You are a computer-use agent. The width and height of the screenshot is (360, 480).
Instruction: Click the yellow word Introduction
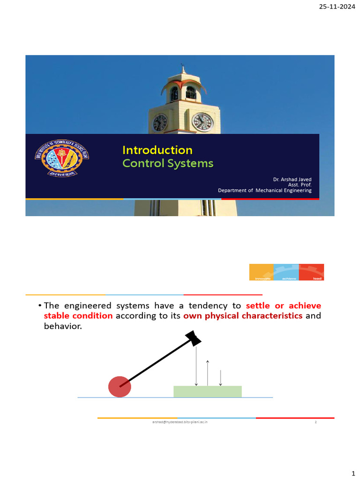click(157, 150)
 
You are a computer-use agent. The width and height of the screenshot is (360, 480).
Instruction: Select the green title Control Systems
click(168, 164)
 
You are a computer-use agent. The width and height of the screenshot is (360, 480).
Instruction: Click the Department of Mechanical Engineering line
click(264, 190)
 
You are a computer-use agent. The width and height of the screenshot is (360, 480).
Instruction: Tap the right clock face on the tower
click(202, 122)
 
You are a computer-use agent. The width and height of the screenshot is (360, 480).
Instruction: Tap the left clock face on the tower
click(160, 123)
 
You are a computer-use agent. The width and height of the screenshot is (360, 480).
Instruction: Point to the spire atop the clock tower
click(182, 68)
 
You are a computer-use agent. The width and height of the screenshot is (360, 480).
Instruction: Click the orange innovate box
click(261, 272)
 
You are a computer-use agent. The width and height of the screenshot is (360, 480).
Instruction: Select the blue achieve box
click(286, 272)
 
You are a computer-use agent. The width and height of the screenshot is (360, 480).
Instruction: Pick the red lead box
click(312, 272)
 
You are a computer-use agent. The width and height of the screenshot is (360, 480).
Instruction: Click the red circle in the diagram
click(120, 387)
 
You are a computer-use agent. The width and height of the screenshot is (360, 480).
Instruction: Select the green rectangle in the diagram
click(207, 391)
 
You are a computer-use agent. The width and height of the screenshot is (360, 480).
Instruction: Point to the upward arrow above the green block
click(208, 373)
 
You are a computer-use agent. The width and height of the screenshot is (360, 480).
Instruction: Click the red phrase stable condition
click(78, 315)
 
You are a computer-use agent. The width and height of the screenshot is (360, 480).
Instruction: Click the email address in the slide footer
click(180, 422)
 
